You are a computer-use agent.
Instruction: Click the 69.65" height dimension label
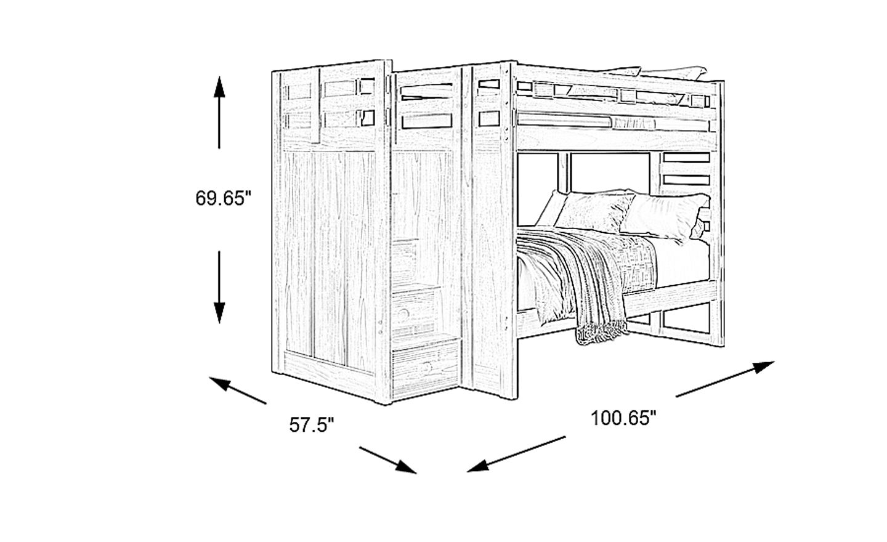pos(224,198)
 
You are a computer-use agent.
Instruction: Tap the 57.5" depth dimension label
pos(312,425)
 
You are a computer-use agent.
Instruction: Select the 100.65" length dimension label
pos(623,419)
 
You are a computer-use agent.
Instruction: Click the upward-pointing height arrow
pos(219,114)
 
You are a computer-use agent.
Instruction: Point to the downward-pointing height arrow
pos(219,287)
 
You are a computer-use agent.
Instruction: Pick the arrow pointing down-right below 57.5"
pos(387,459)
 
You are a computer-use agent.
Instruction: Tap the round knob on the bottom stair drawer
pos(426,370)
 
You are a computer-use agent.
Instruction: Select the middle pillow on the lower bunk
pos(595,212)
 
